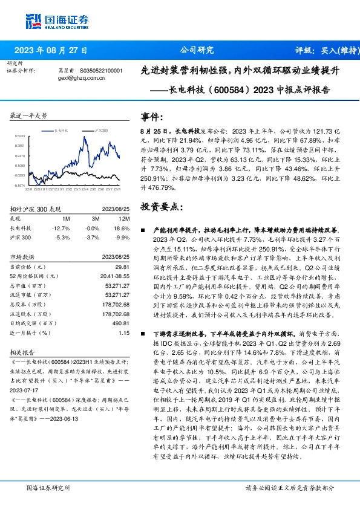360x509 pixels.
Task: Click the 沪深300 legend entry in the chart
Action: point(102,130)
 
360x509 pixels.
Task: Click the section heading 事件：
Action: point(151,117)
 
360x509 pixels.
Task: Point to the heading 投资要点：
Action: point(160,207)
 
